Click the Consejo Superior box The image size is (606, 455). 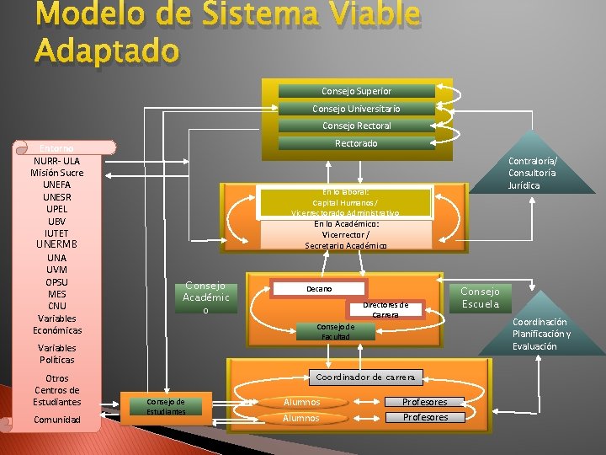(x=356, y=91)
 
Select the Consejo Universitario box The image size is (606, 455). (x=356, y=109)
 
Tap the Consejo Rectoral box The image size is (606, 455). (x=356, y=126)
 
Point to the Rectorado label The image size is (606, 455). (x=356, y=143)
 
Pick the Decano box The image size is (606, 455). (x=319, y=289)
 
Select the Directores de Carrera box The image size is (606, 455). (x=385, y=309)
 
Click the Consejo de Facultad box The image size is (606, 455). (x=335, y=331)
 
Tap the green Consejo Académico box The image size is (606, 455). (x=205, y=297)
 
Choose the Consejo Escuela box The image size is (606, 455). (x=480, y=297)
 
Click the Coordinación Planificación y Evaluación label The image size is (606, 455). (x=540, y=334)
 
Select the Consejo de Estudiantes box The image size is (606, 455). (x=165, y=406)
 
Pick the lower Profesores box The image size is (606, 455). (x=425, y=418)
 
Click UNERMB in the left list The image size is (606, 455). (x=56, y=244)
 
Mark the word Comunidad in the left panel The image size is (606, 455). (x=56, y=420)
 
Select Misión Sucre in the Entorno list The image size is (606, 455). (x=56, y=173)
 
